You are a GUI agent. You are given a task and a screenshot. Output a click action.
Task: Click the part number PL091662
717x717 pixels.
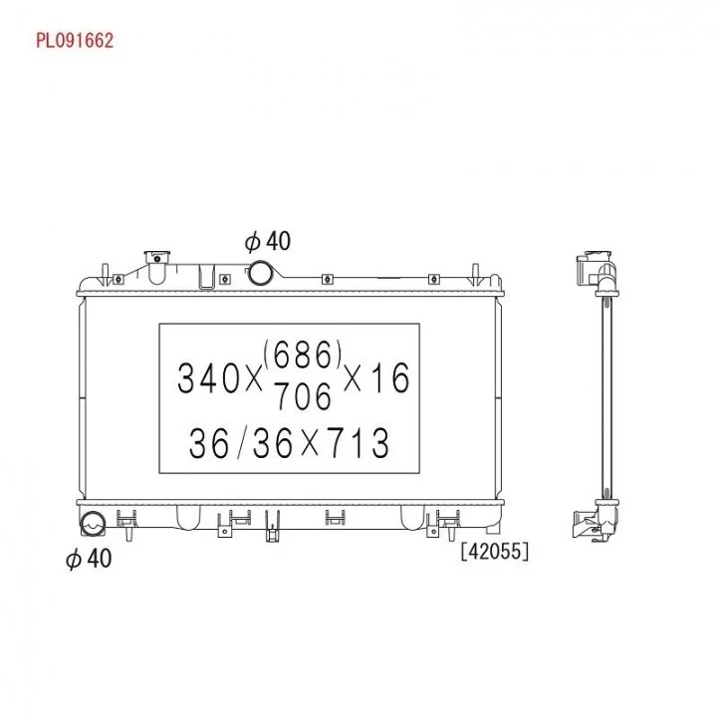(x=75, y=41)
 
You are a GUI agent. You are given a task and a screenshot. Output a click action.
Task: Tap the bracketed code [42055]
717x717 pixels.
(x=495, y=552)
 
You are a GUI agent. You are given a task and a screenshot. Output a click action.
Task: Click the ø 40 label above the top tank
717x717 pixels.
(x=268, y=241)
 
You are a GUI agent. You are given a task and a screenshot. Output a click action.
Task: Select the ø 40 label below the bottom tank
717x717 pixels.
(x=89, y=559)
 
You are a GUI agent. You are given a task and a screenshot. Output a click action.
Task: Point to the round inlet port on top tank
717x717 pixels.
(x=260, y=273)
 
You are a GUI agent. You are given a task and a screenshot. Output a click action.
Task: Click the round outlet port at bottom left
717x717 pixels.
(x=93, y=524)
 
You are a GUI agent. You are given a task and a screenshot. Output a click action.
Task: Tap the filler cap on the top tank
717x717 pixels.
(x=157, y=257)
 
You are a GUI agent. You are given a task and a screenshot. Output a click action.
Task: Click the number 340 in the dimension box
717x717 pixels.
(x=208, y=379)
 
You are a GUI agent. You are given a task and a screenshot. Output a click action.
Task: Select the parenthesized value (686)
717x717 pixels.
(x=303, y=355)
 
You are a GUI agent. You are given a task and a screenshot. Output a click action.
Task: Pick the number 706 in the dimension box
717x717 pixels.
(x=303, y=396)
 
